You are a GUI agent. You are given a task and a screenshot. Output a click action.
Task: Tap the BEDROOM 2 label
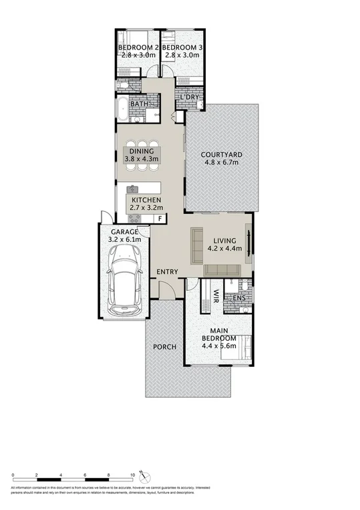[138, 48]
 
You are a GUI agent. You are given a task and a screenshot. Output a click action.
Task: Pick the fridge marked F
[160, 219]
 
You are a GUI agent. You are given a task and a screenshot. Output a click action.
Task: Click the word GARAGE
[124, 231]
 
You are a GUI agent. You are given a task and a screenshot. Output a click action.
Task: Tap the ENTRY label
[167, 271]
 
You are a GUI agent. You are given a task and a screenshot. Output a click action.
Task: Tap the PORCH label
[164, 347]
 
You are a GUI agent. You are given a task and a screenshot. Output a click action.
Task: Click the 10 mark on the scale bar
[133, 475]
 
